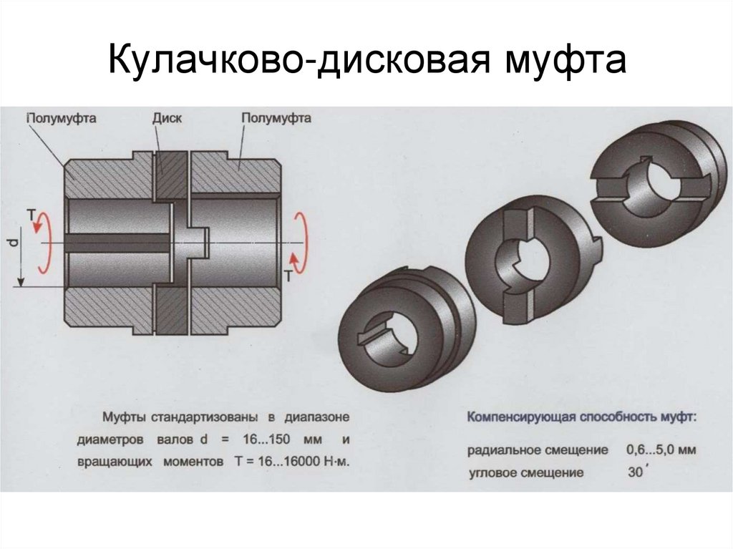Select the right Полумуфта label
click(x=276, y=118)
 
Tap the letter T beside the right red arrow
click(x=289, y=276)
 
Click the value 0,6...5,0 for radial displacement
click(x=650, y=450)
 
